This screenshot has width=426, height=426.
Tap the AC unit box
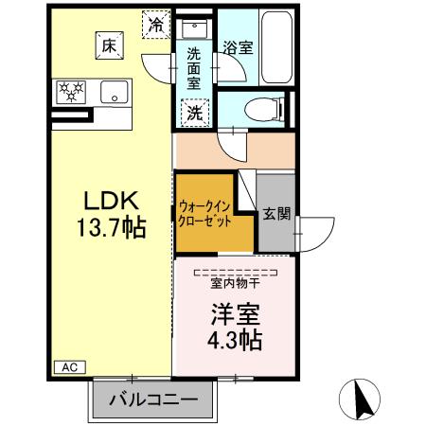[x=69, y=366]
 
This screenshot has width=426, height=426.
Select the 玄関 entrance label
[x=275, y=214]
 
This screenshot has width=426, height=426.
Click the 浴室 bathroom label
[x=238, y=47]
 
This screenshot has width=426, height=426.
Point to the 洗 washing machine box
[x=194, y=111]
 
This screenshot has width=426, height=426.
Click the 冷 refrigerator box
[x=154, y=25]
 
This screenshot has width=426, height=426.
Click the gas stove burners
[x=72, y=92]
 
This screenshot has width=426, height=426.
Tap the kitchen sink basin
[x=115, y=93]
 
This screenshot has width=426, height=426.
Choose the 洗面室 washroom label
[x=193, y=69]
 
